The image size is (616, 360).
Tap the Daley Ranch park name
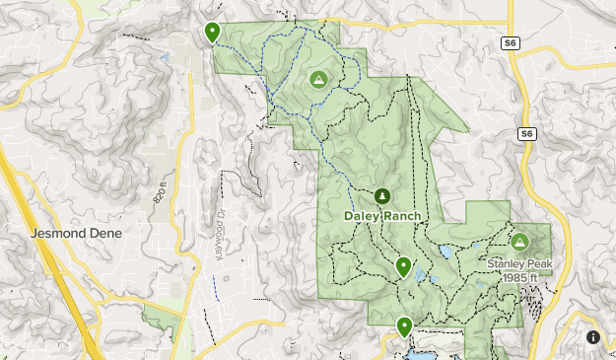383,216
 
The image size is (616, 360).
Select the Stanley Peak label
519,263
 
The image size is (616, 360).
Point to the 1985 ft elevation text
519,277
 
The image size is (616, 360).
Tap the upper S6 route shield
510,43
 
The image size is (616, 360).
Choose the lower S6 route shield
527,133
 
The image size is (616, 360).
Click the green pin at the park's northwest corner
212,33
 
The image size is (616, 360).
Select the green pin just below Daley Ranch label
403,266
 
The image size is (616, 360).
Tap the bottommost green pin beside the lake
404,326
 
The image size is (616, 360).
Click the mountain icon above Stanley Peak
519,241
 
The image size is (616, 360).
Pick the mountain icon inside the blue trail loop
318,79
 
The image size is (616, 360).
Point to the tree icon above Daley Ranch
383,195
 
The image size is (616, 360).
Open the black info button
593,337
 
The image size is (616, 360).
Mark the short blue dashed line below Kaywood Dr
215,287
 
